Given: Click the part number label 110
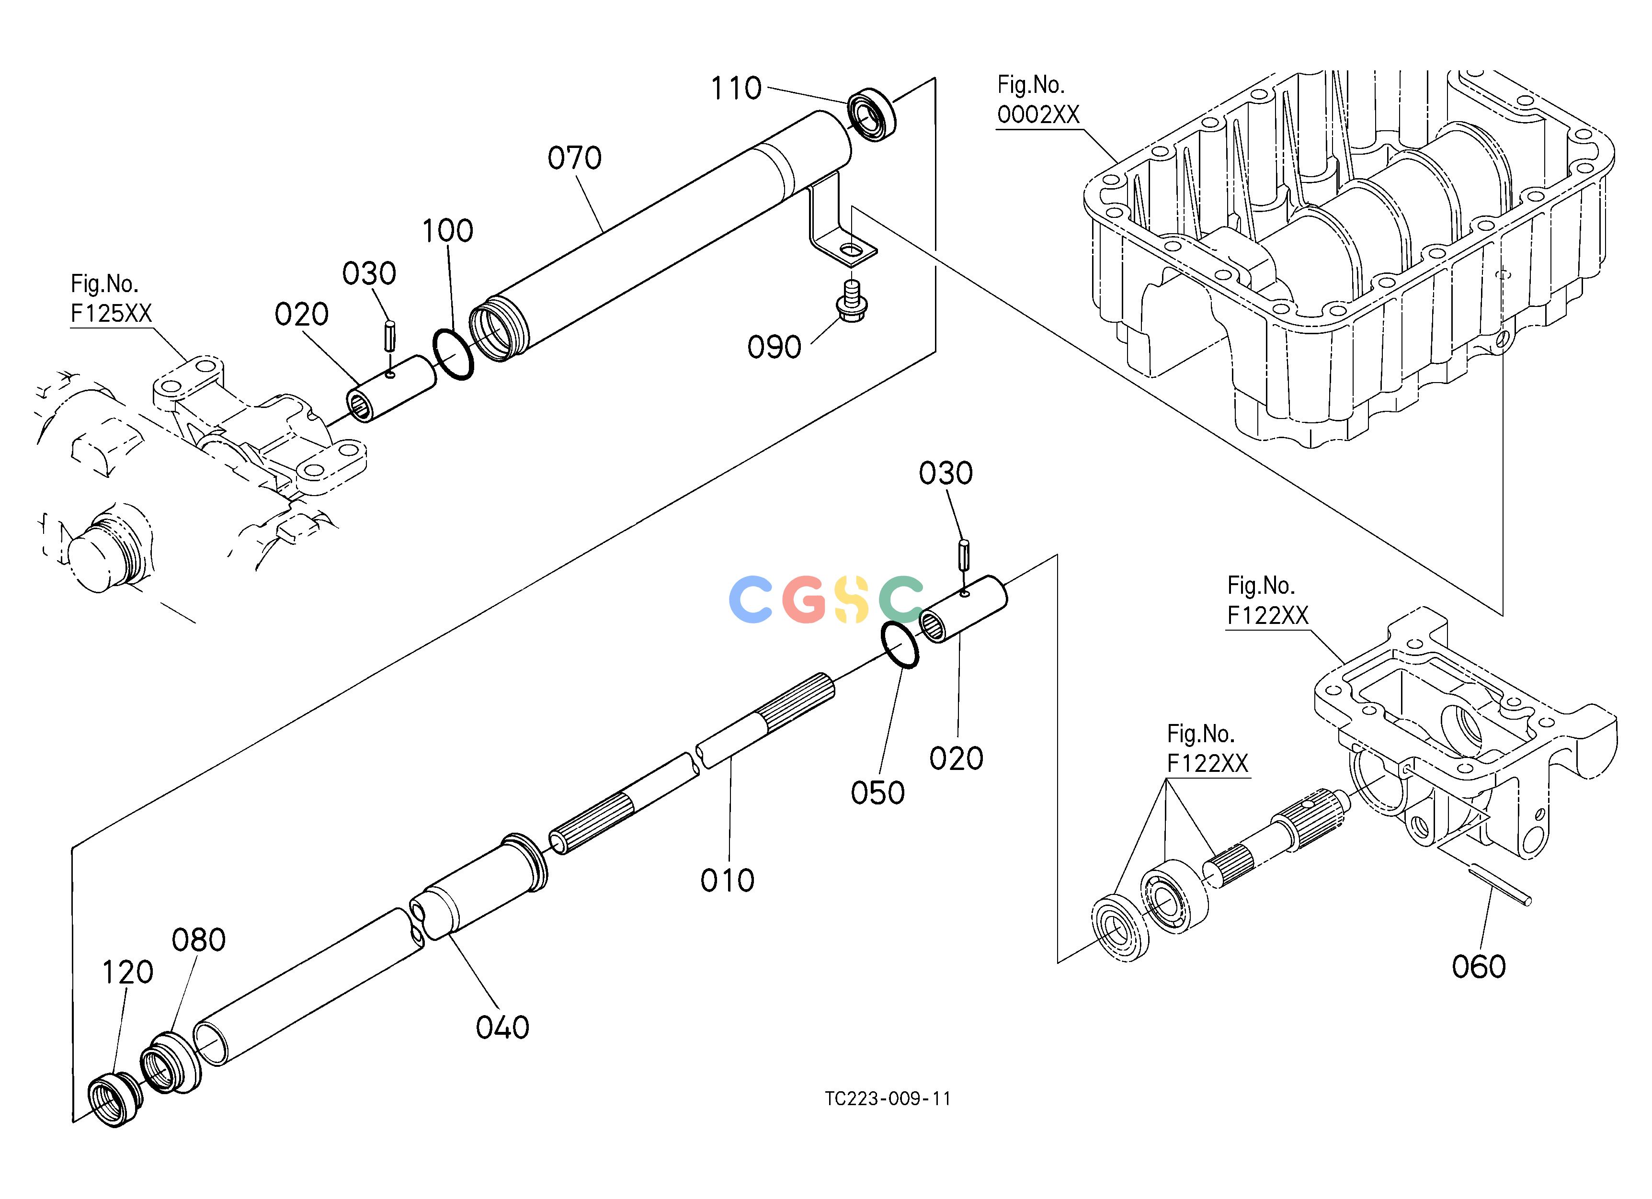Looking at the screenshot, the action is (736, 89).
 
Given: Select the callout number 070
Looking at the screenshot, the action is (575, 158).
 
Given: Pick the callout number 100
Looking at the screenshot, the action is (448, 231).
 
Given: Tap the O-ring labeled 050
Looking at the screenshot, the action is (900, 645).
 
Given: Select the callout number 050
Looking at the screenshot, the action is (877, 793).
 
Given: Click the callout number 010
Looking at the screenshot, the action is (727, 881).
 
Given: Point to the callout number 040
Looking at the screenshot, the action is (502, 1028).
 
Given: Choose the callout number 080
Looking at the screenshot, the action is (198, 940).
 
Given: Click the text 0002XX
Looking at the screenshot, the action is (1038, 115).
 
